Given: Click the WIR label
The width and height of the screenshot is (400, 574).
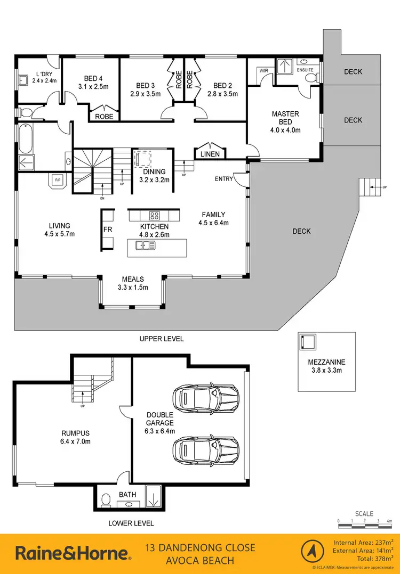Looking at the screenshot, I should tap(263, 70).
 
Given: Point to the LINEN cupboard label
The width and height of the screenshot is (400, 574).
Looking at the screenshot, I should tap(210, 154).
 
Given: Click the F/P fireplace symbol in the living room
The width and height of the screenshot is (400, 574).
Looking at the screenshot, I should tap(57, 181).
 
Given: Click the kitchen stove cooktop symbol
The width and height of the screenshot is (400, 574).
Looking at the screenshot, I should tap(155, 216).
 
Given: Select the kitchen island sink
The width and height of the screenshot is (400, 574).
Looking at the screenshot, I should tap(145, 245).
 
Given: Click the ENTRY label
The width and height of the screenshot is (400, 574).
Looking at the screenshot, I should tap(224, 179).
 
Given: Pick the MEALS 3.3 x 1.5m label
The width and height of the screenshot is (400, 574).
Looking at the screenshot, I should tap(133, 283).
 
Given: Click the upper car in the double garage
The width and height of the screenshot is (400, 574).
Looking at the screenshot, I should tap(205, 397).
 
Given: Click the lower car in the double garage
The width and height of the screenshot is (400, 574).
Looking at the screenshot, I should tap(205, 447).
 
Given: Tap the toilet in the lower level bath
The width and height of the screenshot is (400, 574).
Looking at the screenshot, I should tap(106, 499).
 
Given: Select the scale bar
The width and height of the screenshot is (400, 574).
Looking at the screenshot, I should tap(365, 525).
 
